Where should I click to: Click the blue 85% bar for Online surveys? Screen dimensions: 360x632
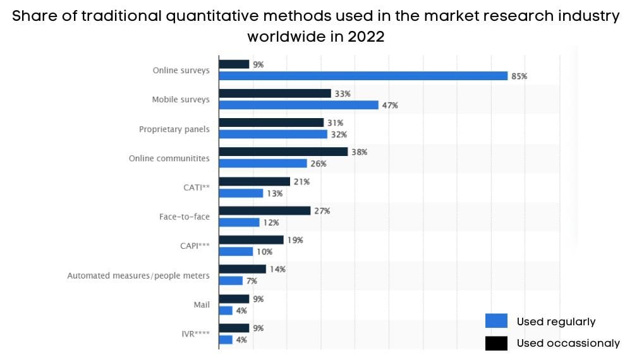[x=363, y=76]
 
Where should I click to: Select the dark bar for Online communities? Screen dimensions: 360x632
[x=283, y=152]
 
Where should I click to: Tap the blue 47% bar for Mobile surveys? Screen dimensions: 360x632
[x=298, y=105]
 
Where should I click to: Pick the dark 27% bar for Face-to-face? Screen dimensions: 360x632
[x=264, y=210]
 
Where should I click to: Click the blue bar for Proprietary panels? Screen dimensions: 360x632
[x=273, y=135]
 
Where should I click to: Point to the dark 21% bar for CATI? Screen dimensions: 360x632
[x=254, y=181]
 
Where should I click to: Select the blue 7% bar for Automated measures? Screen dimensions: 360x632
[x=231, y=280]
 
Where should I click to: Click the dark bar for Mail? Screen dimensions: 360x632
[x=234, y=299]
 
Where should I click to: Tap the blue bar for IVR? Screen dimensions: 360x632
[x=226, y=340]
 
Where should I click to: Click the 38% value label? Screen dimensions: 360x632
[x=360, y=152]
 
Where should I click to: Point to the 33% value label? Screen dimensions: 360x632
[x=343, y=93]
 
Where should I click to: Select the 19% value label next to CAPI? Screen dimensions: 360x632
[x=295, y=240]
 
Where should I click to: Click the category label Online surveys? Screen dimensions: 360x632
[x=181, y=70]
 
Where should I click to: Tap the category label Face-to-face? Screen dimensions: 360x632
[x=184, y=217]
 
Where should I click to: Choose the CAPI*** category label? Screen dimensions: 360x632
[x=195, y=246]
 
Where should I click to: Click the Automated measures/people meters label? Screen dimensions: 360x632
[x=138, y=275]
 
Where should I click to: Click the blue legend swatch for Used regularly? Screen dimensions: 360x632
[x=496, y=321]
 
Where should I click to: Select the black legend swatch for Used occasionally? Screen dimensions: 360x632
[x=496, y=343]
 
